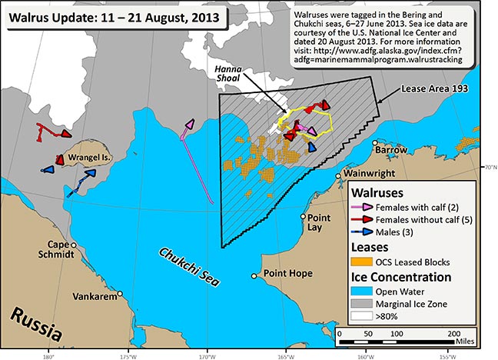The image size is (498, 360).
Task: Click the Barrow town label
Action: point(393,149)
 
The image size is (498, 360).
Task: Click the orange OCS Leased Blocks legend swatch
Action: point(367,261)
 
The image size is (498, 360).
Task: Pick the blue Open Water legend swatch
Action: point(367,291)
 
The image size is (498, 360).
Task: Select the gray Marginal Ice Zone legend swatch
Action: point(367,303)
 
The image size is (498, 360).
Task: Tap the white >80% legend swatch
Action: point(367,315)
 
